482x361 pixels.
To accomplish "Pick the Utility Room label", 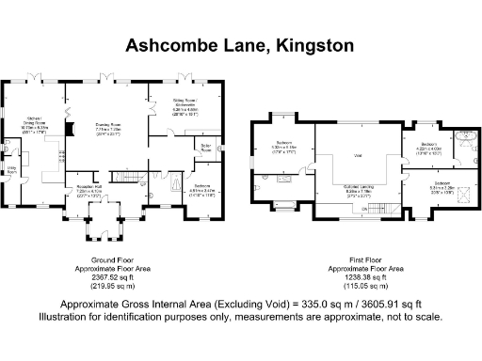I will (12, 172).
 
